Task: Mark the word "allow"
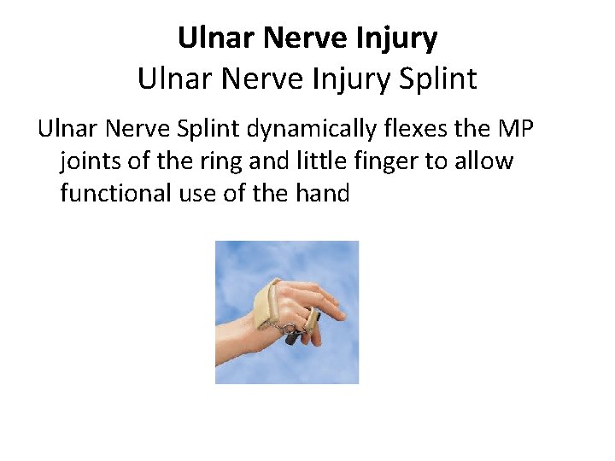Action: [x=485, y=160]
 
